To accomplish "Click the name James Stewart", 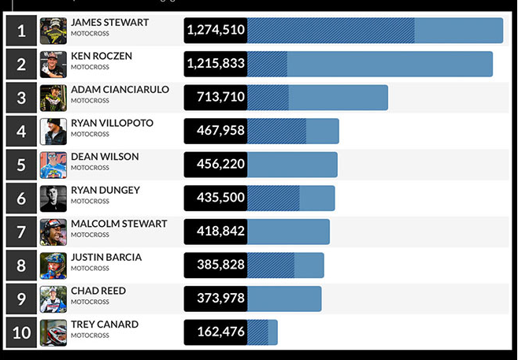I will [x=109, y=23].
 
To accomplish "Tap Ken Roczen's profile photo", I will [x=54, y=64].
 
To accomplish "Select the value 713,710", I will [x=216, y=98].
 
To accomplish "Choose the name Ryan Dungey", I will [x=105, y=190].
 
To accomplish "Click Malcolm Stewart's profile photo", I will [x=54, y=232].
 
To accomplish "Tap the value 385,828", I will [x=216, y=265].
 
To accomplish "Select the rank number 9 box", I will [x=22, y=299].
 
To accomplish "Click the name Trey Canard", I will [x=105, y=325].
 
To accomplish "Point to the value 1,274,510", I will [x=216, y=31].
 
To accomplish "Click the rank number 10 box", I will [x=22, y=332].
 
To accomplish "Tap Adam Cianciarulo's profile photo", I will [x=54, y=98].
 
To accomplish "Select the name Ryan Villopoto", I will [x=112, y=123].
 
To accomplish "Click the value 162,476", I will [x=216, y=332].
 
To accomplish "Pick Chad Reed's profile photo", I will [x=54, y=299].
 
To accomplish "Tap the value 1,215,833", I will [x=216, y=64].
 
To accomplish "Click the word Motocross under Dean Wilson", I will [x=90, y=168].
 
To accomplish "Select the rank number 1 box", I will [x=22, y=31].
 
